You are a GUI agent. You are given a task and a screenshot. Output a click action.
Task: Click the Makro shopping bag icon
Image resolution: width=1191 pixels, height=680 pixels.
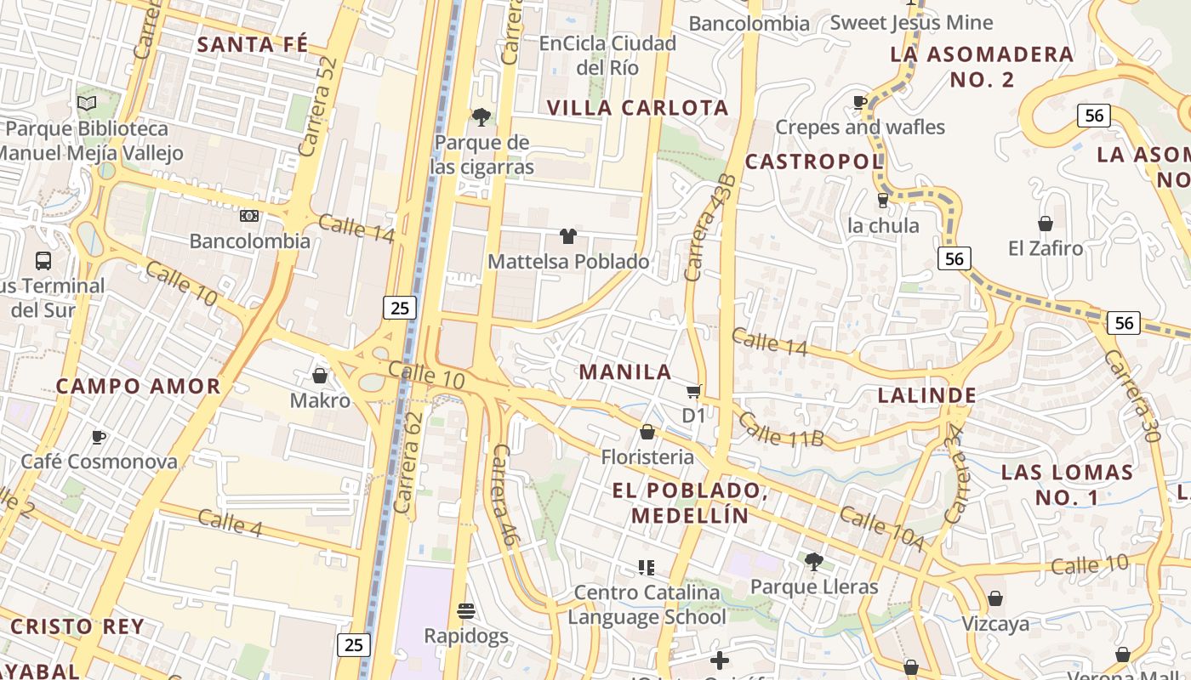(x=320, y=375)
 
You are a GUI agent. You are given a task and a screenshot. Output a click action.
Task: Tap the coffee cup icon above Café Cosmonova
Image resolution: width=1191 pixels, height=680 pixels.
(x=99, y=437)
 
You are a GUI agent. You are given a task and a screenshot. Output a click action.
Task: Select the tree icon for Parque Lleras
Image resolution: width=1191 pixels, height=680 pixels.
(x=813, y=561)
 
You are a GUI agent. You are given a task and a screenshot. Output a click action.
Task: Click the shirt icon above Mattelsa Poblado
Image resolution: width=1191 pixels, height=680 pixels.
(x=567, y=235)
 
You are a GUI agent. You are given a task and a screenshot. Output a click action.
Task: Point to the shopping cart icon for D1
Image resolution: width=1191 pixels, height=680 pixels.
(x=694, y=391)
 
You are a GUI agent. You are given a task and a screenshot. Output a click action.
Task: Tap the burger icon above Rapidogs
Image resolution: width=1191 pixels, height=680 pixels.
(x=465, y=610)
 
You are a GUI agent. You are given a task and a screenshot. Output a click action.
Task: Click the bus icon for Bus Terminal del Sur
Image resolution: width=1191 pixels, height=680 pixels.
(x=43, y=260)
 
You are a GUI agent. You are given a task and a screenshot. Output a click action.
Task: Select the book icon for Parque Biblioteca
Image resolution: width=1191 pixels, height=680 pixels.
(x=87, y=103)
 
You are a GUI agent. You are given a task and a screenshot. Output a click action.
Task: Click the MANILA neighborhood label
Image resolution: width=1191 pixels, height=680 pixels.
(x=625, y=371)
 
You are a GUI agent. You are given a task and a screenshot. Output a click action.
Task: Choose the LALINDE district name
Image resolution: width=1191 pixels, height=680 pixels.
(x=926, y=395)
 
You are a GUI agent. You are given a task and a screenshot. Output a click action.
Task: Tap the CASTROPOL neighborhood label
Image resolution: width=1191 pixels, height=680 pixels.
(x=814, y=161)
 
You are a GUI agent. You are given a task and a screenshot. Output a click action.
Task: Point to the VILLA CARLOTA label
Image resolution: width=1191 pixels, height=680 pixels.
(x=637, y=107)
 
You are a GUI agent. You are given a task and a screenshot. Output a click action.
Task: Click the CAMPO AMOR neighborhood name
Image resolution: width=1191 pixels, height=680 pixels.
(x=138, y=386)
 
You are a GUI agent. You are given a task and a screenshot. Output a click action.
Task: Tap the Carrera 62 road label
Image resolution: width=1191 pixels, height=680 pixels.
(x=408, y=463)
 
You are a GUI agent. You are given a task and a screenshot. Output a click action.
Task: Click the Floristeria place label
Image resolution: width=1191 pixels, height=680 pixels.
(x=647, y=457)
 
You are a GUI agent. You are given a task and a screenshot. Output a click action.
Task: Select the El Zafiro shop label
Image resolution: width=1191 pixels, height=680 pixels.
(x=1046, y=248)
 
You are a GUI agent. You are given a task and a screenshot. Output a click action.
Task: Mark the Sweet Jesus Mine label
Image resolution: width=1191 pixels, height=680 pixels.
(x=911, y=22)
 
